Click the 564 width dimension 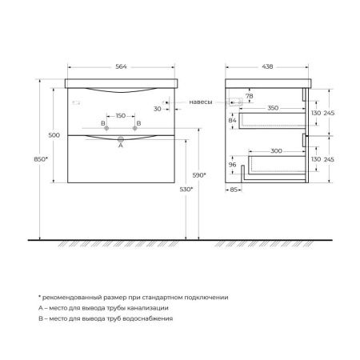click(x=120, y=66)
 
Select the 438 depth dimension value click(x=268, y=66)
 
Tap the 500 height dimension click(x=54, y=136)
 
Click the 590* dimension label click(x=199, y=175)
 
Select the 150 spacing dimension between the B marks click(x=121, y=116)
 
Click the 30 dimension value click(x=158, y=109)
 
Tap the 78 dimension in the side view click(x=251, y=96)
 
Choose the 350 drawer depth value click(x=274, y=106)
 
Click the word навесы click(x=202, y=102)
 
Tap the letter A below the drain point click(x=121, y=146)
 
